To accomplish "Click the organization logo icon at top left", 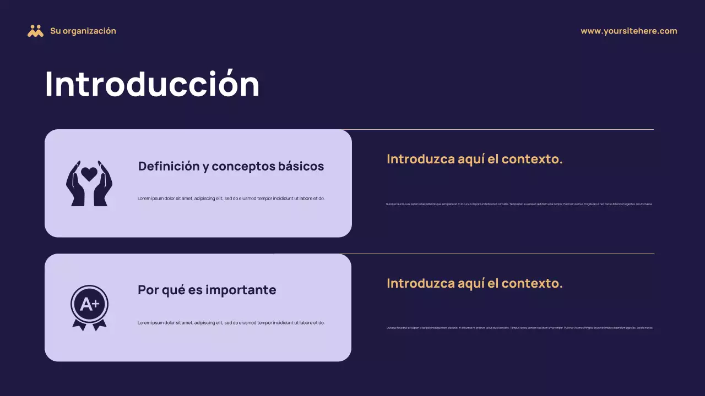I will tap(35, 31).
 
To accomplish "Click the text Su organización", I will tap(83, 31).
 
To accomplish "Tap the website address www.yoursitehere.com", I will tap(628, 31).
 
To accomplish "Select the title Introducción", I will tap(152, 85).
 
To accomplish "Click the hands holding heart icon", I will tap(89, 184).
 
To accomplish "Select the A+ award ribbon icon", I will tap(89, 307).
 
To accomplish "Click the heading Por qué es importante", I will tap(207, 290).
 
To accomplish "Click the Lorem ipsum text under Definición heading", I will tap(231, 199).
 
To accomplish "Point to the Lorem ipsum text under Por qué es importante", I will tap(231, 323).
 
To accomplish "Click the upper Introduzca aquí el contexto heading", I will tap(474, 159).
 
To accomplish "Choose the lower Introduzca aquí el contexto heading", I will tap(474, 283).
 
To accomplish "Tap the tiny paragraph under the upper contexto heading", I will tap(519, 204).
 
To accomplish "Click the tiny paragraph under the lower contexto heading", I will tap(519, 328).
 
